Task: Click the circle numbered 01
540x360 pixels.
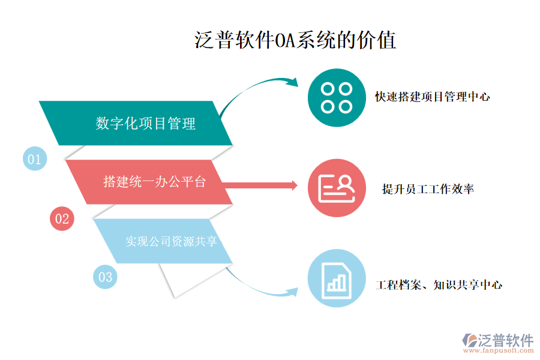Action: coord(34,159)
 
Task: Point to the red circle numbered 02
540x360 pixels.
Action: coord(62,218)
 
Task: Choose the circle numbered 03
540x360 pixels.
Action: coord(105,277)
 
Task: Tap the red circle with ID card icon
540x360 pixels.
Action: coord(337,188)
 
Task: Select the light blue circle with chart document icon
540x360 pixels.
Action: coord(337,278)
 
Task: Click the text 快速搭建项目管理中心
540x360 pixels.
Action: coord(433,96)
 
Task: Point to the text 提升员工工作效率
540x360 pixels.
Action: coord(428,189)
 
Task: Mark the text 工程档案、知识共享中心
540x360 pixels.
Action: coord(439,285)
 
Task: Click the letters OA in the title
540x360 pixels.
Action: coord(281,41)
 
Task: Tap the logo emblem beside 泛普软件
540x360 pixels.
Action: coord(468,340)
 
